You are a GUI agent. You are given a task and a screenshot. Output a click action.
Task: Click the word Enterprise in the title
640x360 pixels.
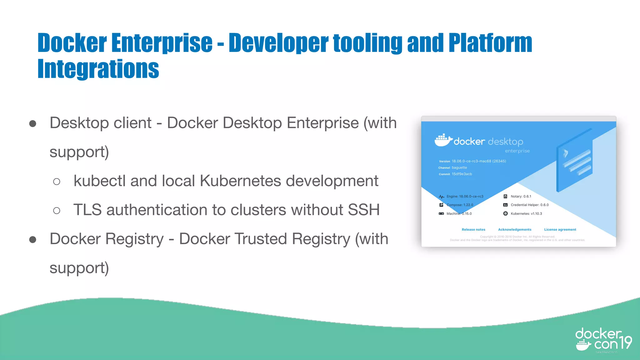click(162, 43)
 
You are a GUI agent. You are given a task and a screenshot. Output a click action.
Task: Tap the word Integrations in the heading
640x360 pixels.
click(98, 69)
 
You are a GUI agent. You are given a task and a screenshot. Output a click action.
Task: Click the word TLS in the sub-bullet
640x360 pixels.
click(87, 210)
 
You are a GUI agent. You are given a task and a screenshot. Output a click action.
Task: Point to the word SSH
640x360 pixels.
click(364, 210)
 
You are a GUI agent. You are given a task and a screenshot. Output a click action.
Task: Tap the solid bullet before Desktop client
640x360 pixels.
click(32, 124)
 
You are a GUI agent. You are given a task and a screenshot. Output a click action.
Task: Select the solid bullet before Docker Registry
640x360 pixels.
click(32, 240)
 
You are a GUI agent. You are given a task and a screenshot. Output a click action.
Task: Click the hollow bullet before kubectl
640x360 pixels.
click(57, 182)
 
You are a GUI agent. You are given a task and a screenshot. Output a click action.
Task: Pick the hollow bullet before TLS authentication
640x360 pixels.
click(57, 211)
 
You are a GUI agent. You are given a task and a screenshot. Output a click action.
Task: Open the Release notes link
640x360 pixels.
click(473, 230)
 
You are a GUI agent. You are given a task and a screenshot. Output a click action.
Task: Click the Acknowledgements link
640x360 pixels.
click(515, 230)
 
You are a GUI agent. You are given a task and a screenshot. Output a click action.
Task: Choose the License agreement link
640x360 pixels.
click(560, 230)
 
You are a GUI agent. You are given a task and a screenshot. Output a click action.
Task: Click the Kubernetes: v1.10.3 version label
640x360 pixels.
click(526, 214)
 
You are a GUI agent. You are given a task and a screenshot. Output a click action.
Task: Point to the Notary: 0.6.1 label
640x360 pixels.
click(521, 197)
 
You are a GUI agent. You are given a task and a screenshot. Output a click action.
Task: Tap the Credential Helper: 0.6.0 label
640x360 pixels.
click(530, 205)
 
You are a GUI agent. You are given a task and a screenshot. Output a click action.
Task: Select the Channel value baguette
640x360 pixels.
click(459, 168)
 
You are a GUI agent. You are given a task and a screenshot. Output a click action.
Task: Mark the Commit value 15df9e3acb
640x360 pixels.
click(462, 174)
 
